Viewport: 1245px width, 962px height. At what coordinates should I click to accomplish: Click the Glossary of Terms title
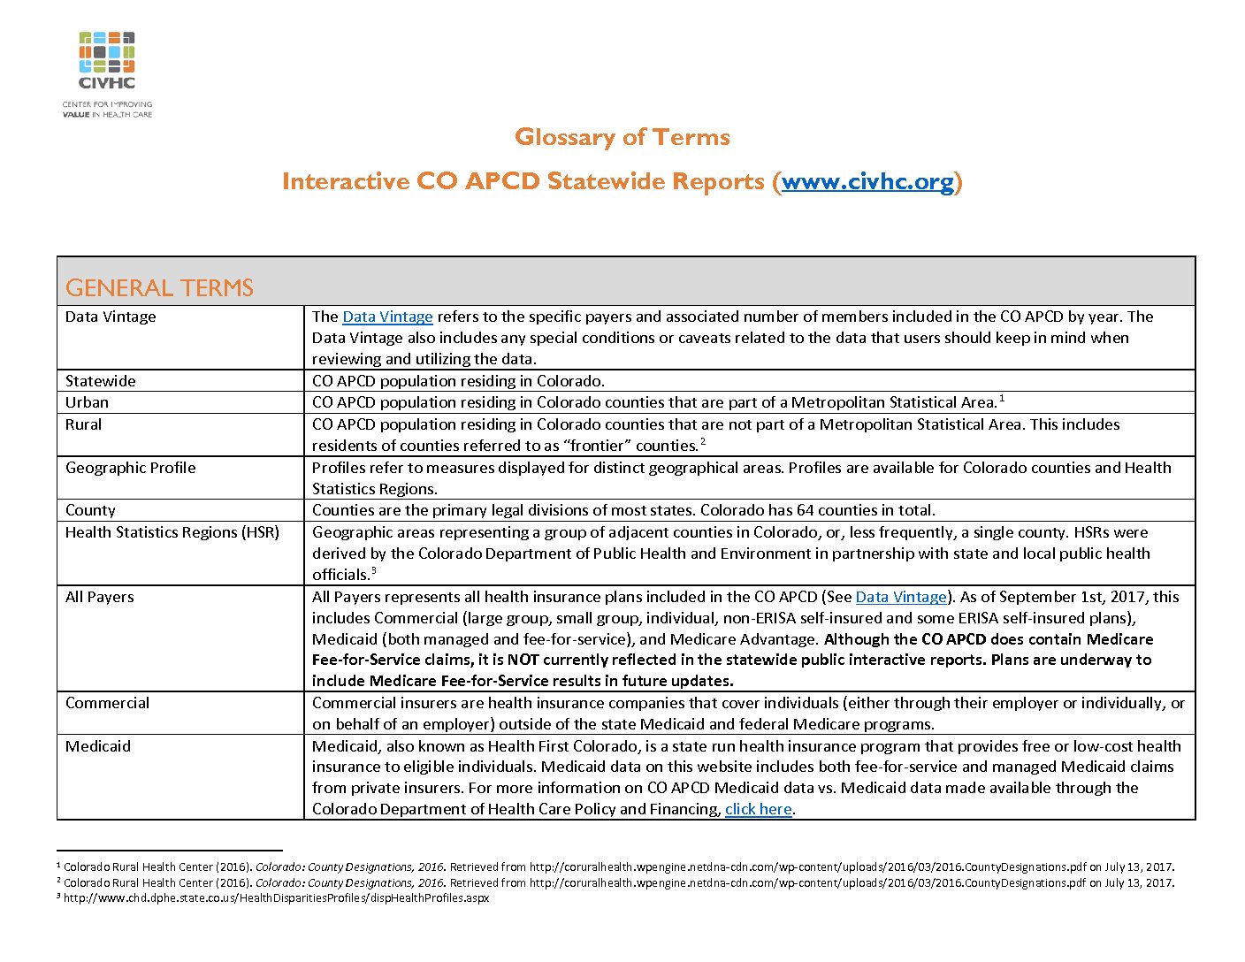[x=622, y=137]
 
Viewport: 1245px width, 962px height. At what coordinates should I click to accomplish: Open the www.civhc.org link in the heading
[x=867, y=181]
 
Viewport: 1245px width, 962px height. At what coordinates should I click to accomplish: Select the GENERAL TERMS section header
[x=159, y=288]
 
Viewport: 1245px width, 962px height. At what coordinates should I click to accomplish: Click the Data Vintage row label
[x=111, y=317]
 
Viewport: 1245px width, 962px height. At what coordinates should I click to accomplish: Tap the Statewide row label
[x=101, y=381]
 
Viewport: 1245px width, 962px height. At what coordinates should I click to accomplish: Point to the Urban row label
[x=87, y=402]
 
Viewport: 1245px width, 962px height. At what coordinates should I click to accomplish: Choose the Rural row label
[x=83, y=424]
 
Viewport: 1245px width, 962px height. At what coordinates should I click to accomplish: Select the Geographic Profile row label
[x=130, y=468]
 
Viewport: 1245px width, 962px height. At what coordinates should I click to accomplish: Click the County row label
[x=90, y=510]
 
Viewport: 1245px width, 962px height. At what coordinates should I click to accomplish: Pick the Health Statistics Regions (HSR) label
[x=172, y=532]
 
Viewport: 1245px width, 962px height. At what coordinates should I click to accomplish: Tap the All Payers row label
[x=100, y=597]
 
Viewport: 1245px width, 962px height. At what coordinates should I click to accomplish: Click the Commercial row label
[x=107, y=703]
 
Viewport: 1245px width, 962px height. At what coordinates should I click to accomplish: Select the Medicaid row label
[x=97, y=746]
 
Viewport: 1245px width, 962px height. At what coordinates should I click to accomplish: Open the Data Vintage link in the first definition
[x=387, y=317]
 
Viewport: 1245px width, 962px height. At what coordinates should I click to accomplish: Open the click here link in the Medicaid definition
[x=758, y=809]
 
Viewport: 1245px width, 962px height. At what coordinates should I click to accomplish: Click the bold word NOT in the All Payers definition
[x=523, y=660]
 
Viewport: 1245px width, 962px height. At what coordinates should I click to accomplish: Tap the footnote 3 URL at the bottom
[x=276, y=898]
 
